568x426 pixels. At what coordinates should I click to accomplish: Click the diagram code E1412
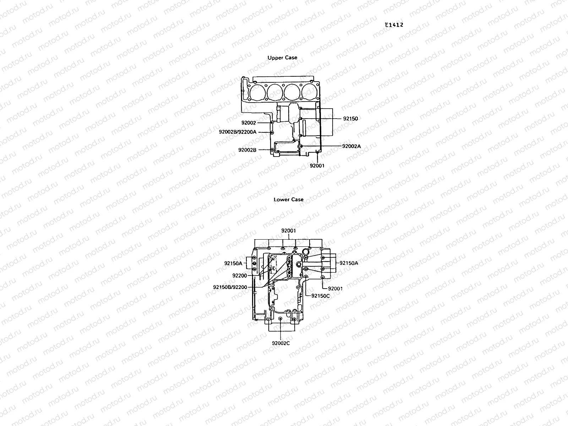(394, 25)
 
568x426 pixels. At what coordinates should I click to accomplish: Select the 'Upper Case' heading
(282, 58)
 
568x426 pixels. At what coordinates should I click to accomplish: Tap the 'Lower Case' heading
(288, 200)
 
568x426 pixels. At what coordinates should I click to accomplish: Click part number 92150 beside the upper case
(350, 119)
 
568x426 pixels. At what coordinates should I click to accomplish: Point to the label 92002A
(351, 146)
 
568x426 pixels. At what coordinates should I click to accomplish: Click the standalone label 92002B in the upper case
(247, 150)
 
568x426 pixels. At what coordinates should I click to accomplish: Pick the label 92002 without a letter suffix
(248, 123)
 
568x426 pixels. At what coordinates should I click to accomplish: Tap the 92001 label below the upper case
(317, 165)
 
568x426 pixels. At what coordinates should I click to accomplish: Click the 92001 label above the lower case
(288, 231)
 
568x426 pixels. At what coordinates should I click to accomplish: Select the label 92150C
(320, 295)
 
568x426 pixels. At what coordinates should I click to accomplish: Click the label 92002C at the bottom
(281, 343)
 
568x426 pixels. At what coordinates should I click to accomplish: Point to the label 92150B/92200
(230, 287)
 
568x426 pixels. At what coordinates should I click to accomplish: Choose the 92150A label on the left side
(233, 263)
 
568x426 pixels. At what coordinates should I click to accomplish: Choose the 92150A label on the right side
(349, 263)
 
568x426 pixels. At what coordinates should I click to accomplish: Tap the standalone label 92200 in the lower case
(240, 275)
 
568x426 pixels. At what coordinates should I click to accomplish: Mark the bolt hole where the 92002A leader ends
(301, 146)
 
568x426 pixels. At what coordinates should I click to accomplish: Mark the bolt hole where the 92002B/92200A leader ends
(272, 132)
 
